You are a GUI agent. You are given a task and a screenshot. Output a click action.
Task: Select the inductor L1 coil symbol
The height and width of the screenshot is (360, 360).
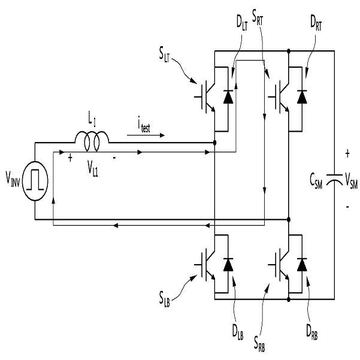coord(92,141)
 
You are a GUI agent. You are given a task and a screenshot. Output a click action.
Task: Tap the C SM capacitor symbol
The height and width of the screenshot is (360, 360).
coord(334,179)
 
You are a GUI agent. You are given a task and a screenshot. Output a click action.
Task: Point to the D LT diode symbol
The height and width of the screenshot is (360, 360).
coord(228,96)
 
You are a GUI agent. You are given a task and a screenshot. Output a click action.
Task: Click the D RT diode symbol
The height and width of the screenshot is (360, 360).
coord(302,96)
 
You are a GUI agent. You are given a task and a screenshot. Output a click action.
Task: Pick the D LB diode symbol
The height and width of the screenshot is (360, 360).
coord(228,265)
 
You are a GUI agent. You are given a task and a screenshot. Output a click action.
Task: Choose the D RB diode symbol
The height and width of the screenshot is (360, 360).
coord(302,265)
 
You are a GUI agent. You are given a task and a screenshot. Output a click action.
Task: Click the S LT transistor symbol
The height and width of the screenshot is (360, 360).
coord(205,96)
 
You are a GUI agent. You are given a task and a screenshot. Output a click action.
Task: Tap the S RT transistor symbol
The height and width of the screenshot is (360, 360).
coord(279,96)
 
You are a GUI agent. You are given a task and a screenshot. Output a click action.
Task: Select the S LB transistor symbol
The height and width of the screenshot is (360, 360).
coord(205,265)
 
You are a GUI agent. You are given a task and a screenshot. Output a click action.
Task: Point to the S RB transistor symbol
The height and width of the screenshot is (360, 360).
coord(279,265)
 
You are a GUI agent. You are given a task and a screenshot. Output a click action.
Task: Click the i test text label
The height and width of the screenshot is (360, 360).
coord(144,125)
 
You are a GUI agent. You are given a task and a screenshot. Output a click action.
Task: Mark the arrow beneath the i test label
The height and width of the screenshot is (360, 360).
coord(146,135)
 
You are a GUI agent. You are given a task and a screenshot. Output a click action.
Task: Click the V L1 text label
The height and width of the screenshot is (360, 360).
coord(93,168)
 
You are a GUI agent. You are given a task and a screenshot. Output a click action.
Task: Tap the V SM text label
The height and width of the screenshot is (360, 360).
coord(352,180)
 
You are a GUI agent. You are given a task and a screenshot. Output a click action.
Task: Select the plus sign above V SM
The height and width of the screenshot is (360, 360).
coord(347,154)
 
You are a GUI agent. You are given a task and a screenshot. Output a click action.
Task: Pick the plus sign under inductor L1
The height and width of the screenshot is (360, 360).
coord(70,158)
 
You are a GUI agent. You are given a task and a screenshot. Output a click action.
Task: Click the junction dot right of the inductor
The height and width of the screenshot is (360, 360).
coord(214,143)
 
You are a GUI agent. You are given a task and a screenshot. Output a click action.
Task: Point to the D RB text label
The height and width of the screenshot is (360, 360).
coord(312,332)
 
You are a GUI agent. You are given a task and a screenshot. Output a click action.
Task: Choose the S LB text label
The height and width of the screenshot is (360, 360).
coord(165,299)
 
